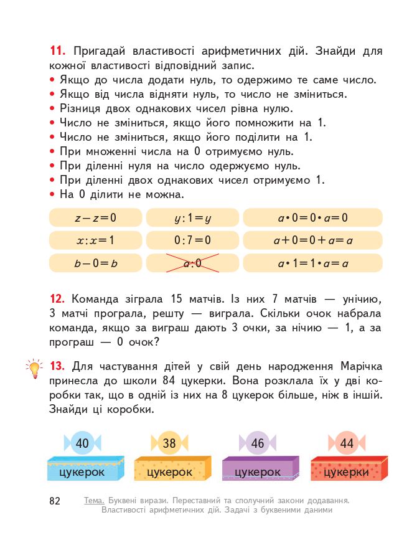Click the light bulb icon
33,367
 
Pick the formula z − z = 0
95,218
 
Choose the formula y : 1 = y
193,218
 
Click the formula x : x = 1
95,240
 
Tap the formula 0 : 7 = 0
193,240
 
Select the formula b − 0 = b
95,263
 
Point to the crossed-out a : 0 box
193,263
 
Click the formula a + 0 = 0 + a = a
312,240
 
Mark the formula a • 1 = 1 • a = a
312,263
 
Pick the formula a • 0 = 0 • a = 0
312,218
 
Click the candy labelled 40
82,443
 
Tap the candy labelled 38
169,443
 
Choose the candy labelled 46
257,443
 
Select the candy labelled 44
346,443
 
